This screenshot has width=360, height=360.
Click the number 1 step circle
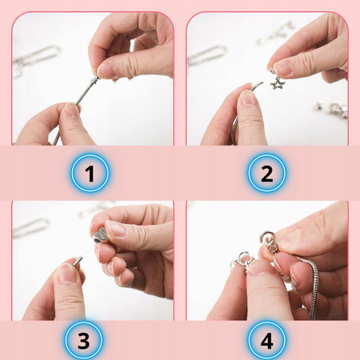(x=90, y=173)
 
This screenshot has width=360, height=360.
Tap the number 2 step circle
(x=266, y=173)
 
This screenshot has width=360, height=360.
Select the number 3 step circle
(x=83, y=340)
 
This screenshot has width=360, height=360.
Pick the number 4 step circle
(x=266, y=340)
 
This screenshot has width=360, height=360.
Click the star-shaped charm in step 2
(x=278, y=83)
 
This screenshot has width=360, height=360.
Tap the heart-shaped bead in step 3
(x=101, y=235)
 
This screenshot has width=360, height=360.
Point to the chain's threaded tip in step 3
(x=78, y=261)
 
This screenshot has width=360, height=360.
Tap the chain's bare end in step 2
(x=258, y=86)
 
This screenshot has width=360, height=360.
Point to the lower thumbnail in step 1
(x=72, y=110)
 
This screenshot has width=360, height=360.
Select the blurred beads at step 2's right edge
(x=331, y=109)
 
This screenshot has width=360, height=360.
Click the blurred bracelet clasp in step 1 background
(x=36, y=58)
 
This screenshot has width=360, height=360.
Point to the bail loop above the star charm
(x=273, y=72)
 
